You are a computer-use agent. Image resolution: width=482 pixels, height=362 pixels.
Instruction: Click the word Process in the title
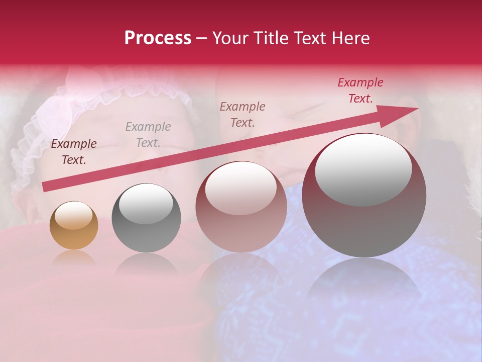158,38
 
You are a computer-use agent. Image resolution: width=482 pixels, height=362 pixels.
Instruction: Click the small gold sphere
74,226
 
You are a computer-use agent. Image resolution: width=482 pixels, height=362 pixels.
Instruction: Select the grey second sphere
146,217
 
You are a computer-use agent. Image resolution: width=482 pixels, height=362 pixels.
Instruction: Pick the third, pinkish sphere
241,207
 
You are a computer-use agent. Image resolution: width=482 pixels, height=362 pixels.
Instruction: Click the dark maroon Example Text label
74,152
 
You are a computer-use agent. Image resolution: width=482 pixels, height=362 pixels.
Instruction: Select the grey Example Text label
148,135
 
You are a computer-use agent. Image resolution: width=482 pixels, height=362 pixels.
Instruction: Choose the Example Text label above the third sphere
243,114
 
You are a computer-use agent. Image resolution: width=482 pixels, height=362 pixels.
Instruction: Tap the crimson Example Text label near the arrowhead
360,90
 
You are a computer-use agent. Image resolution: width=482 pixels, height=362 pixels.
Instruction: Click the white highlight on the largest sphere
364,170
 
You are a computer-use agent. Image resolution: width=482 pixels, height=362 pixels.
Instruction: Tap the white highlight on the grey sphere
146,203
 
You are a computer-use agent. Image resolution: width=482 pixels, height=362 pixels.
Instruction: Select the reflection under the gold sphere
74,259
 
